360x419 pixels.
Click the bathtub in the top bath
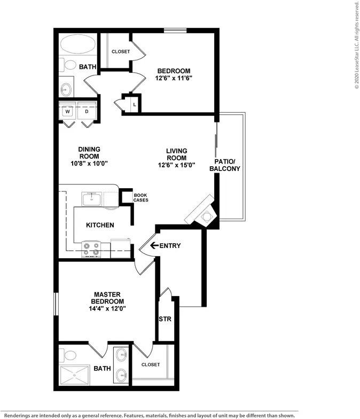tap(78, 44)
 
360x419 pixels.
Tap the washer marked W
tap(68, 111)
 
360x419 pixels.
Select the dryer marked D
tap(87, 111)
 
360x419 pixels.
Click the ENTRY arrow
tap(154, 245)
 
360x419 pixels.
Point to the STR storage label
tap(165, 319)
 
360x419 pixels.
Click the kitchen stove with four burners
tap(91, 249)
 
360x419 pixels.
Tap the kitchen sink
tap(91, 199)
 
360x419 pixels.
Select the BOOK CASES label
tap(141, 198)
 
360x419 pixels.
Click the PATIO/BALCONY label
tap(224, 165)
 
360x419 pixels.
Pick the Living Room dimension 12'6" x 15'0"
tap(176, 165)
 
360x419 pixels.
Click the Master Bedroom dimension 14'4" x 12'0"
tap(107, 309)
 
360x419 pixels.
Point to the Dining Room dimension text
tap(89, 164)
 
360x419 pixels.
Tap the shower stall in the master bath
tap(75, 375)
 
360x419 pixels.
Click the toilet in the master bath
tap(68, 355)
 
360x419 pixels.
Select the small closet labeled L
tap(132, 104)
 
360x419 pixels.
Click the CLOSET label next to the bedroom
tap(121, 51)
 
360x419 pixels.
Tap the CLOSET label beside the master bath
tap(151, 364)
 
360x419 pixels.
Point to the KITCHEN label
tap(100, 225)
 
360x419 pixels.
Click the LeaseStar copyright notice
tap(357, 45)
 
